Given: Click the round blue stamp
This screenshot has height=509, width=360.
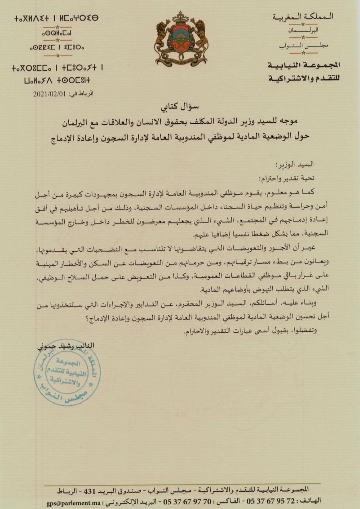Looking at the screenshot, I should pos(67,371).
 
